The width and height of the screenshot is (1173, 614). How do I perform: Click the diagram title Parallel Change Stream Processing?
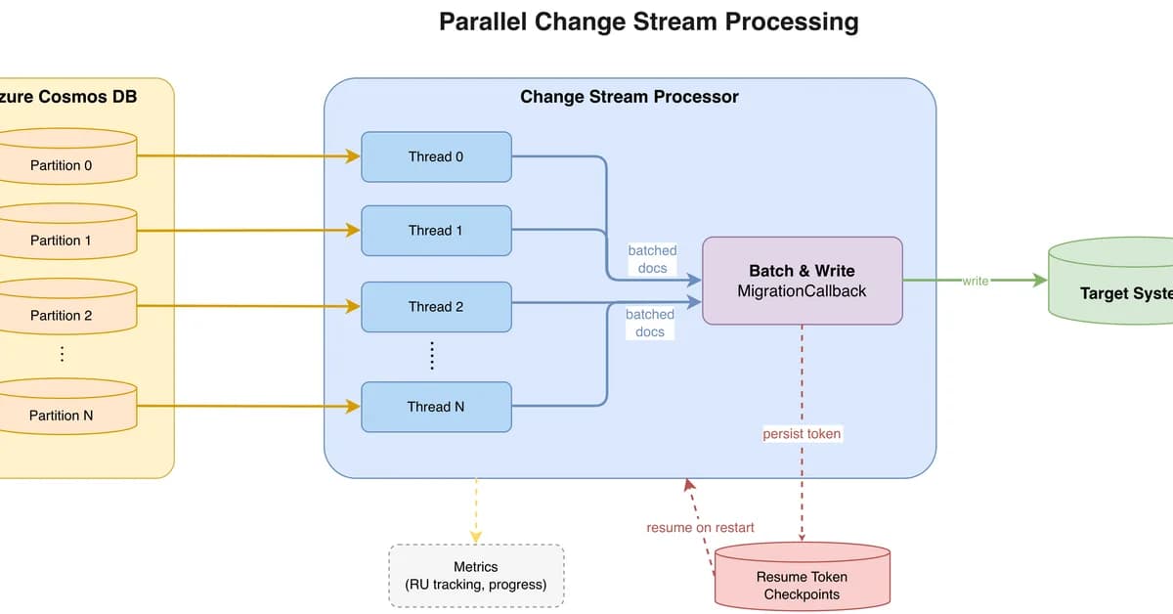pos(648,22)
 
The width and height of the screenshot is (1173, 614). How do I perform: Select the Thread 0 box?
pos(436,156)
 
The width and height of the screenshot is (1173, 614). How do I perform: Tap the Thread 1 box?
pos(436,231)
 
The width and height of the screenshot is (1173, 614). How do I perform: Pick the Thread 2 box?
pos(436,306)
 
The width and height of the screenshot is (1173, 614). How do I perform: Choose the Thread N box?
pos(436,407)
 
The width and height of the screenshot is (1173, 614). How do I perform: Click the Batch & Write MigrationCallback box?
pos(802,281)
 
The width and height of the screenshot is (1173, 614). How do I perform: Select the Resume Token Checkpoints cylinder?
pos(802,583)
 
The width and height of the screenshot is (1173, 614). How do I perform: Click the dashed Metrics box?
pos(476,576)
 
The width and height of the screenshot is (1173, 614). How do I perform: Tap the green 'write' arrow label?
pos(975,281)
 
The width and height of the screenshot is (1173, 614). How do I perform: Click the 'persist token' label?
pos(802,433)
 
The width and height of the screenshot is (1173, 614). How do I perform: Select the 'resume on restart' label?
pos(700,527)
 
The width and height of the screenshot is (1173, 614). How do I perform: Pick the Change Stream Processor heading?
pos(629,97)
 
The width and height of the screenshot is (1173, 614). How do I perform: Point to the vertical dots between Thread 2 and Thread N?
pos(431,356)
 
